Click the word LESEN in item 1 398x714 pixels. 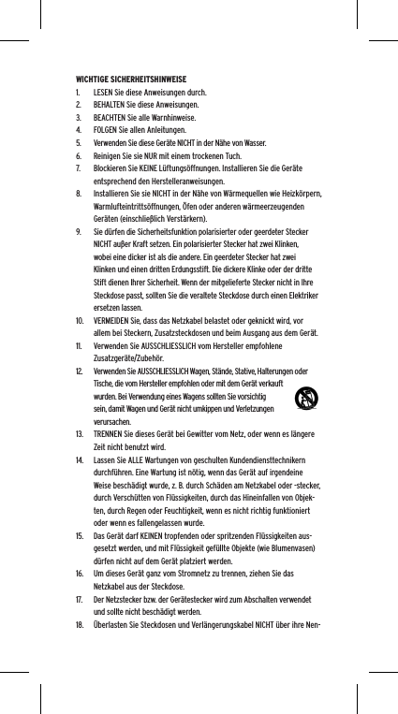click(105, 94)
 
